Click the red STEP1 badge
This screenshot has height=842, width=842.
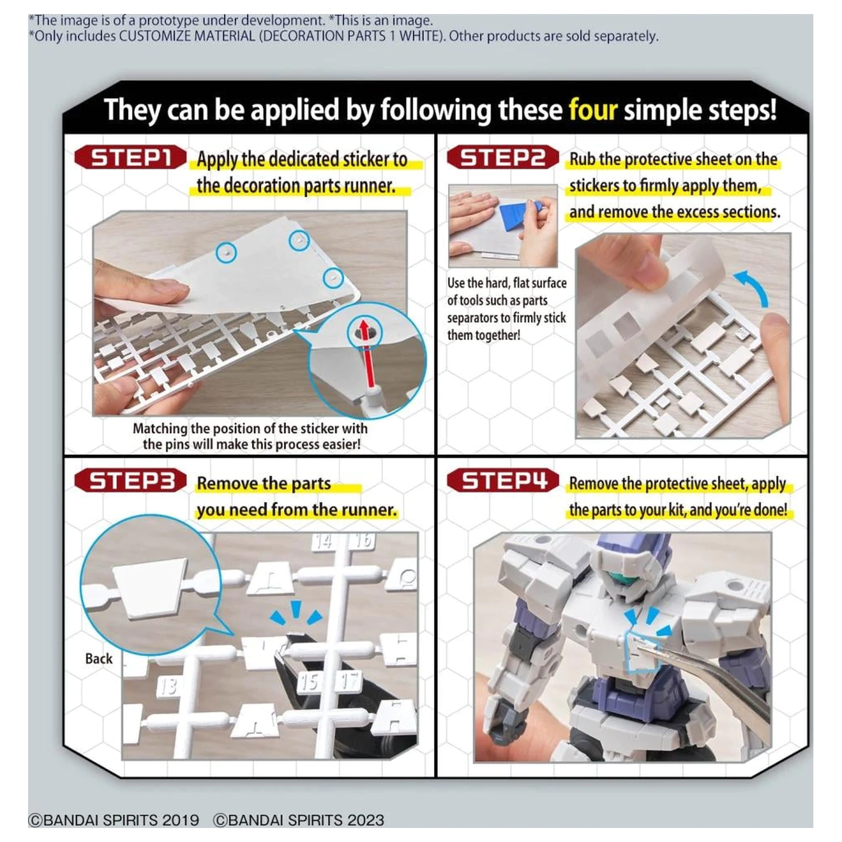(x=130, y=158)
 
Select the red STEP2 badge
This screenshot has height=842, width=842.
(x=503, y=158)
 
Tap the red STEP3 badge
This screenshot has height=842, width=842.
(x=130, y=481)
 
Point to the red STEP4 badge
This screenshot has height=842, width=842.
(x=503, y=481)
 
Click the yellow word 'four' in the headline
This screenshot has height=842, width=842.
(x=593, y=109)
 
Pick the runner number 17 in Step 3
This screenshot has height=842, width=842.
(x=350, y=681)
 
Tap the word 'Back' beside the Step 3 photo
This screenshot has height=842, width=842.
(x=99, y=658)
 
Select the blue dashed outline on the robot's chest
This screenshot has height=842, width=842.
(x=642, y=651)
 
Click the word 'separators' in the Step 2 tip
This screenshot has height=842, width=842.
(x=473, y=318)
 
